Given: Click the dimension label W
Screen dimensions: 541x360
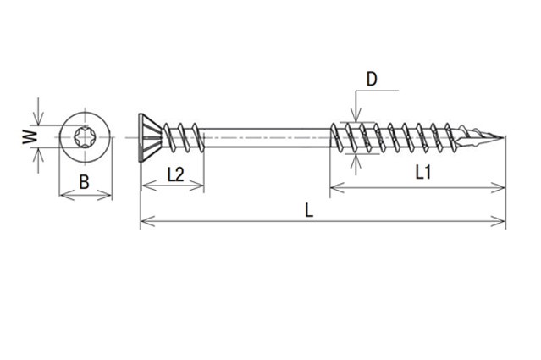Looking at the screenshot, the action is (30, 136).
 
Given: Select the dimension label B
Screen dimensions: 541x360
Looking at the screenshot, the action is (84, 182).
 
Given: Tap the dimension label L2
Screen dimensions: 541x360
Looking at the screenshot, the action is (175, 174).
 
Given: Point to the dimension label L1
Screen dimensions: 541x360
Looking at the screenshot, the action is (423, 172).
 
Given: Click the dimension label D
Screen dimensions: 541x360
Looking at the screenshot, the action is (372, 79).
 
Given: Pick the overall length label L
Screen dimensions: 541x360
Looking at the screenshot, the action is (309, 210).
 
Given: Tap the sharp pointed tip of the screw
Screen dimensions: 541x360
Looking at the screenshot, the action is (502, 138).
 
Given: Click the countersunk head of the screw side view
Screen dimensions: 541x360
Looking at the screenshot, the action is (149, 137).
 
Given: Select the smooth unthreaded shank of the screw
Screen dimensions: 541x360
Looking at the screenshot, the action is (266, 138).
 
